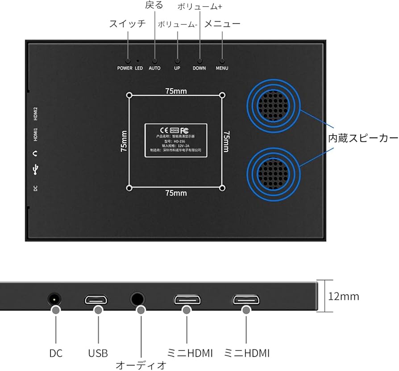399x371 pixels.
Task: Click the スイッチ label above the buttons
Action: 127,24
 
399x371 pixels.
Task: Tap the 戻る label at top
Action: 154,5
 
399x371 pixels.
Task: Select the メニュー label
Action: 222,24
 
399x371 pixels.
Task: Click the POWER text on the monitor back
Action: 125,68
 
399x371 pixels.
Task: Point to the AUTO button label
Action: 154,68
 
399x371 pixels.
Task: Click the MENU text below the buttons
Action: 222,68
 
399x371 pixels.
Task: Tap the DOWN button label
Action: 199,68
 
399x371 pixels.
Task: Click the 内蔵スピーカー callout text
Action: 363,139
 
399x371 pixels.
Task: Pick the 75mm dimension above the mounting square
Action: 176,91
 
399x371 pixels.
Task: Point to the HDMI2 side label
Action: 36,114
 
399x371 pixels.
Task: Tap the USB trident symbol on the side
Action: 36,169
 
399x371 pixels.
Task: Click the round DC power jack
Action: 54,299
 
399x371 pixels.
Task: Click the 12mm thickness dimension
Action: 343,296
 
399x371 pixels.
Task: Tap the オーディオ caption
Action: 141,365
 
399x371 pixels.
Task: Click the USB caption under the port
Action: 98,354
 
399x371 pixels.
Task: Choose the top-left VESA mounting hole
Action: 129,95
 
